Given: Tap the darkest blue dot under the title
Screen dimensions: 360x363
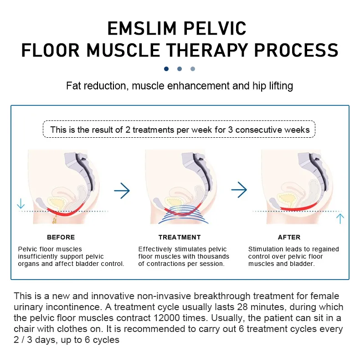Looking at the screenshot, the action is click(x=166, y=69).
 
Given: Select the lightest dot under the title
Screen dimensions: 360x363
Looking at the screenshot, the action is click(x=193, y=69).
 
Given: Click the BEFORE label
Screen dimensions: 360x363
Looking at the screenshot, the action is click(x=61, y=237).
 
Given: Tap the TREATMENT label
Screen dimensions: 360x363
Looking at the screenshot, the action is click(x=180, y=237).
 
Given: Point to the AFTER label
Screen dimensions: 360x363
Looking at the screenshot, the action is click(x=289, y=237).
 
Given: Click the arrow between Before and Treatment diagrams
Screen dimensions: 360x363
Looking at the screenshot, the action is click(x=122, y=191).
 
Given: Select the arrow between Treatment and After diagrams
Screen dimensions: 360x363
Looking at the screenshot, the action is click(x=239, y=190).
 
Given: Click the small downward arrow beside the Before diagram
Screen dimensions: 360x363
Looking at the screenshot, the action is click(x=21, y=204).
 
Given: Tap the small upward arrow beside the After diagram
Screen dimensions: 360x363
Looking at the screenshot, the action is click(x=340, y=219).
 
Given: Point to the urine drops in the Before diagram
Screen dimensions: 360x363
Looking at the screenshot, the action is click(x=55, y=219).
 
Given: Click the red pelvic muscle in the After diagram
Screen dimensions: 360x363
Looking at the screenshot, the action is click(x=299, y=207).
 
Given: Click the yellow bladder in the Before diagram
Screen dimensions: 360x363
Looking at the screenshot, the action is click(x=56, y=202).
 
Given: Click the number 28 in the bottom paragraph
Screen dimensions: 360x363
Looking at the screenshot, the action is click(x=242, y=307).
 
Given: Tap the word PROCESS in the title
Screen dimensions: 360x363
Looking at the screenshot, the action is click(x=296, y=50).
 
